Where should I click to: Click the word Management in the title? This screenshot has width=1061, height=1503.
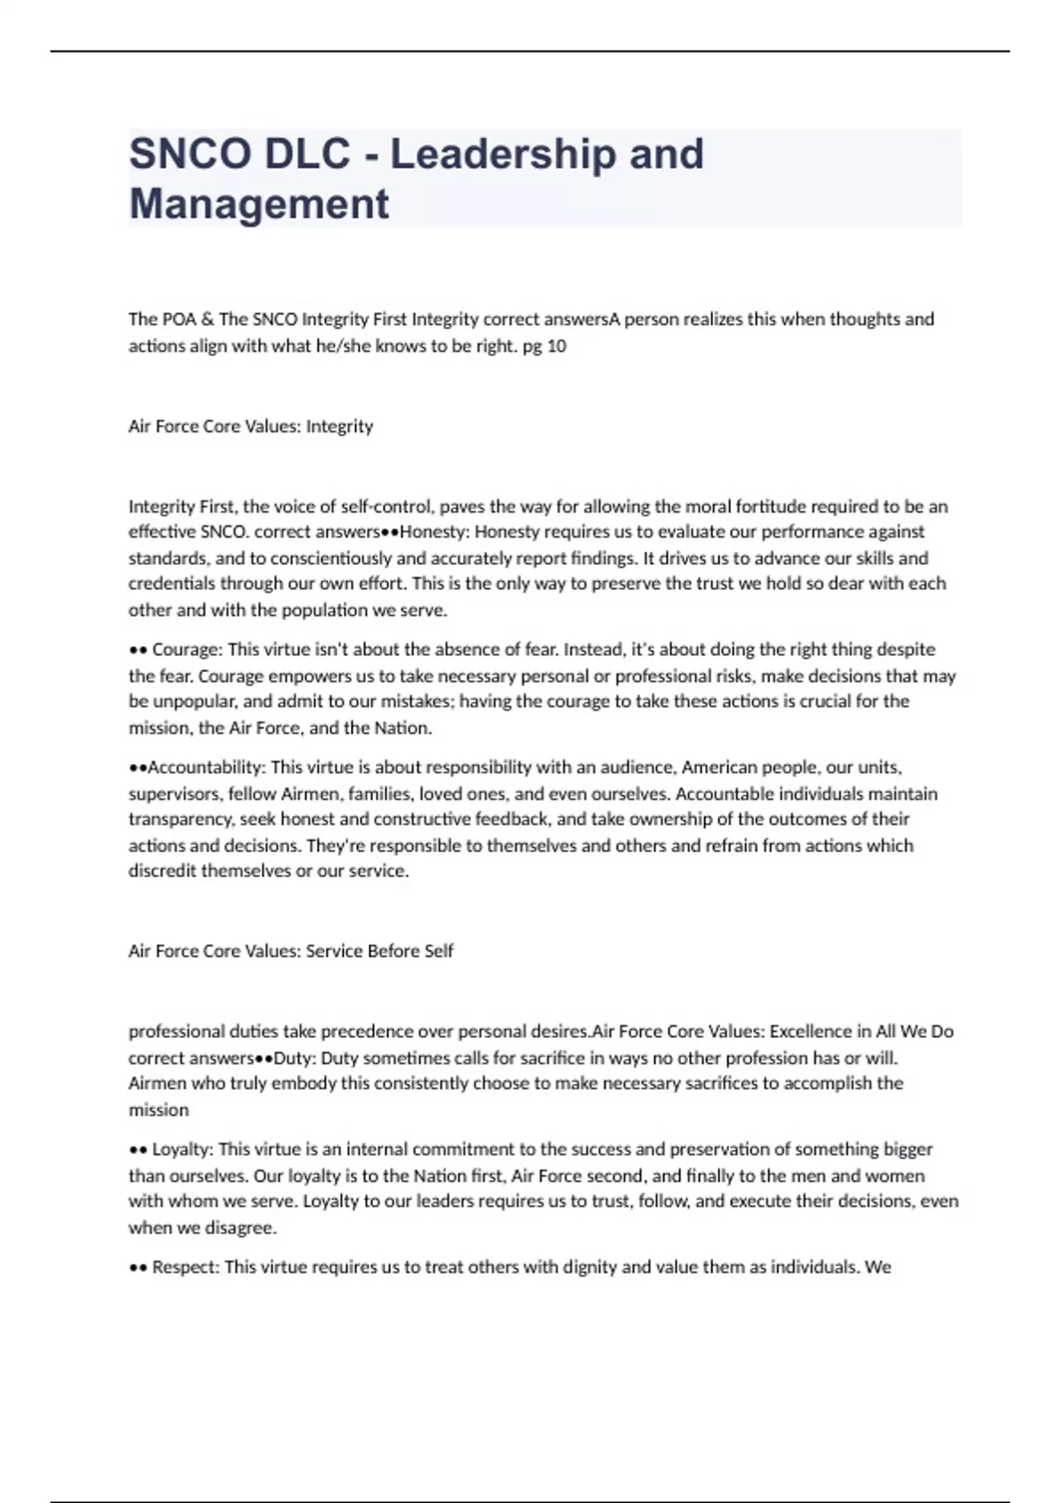pyautogui.click(x=259, y=203)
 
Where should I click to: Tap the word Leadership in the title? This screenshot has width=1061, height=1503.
pyautogui.click(x=503, y=154)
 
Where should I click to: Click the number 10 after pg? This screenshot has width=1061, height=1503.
pyautogui.click(x=556, y=346)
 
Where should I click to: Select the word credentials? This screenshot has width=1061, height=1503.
pyautogui.click(x=172, y=584)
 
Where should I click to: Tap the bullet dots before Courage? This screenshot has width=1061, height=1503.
pyautogui.click(x=137, y=650)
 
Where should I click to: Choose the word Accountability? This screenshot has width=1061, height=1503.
pyautogui.click(x=206, y=767)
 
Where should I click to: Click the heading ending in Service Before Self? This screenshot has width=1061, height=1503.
pyautogui.click(x=291, y=951)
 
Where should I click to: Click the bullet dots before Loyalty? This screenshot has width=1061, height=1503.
pyautogui.click(x=137, y=1149)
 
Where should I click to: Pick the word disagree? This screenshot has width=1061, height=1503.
pyautogui.click(x=240, y=1227)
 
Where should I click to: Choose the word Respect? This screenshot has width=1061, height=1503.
pyautogui.click(x=185, y=1267)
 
